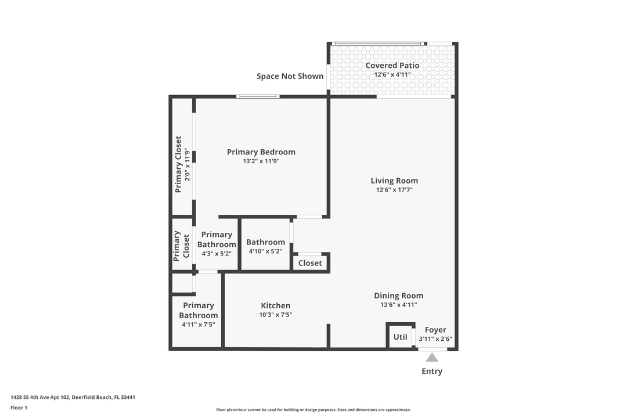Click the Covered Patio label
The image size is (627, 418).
(x=392, y=66)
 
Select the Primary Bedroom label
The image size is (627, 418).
(x=261, y=152)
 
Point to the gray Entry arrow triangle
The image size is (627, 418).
(x=432, y=358)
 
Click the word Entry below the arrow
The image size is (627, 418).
(x=432, y=372)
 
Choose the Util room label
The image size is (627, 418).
(x=401, y=337)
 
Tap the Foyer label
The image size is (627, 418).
(x=435, y=330)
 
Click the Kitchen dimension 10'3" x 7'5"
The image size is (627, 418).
(x=275, y=315)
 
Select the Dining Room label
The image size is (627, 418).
(x=398, y=296)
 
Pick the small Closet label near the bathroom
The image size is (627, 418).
(x=310, y=263)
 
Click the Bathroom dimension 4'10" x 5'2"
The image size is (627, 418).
(x=265, y=251)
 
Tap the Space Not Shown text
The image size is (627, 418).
(x=290, y=76)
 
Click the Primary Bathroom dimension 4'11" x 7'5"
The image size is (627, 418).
(x=198, y=325)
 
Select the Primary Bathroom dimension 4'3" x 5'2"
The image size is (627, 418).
(x=217, y=254)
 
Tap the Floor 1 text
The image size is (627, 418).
(x=19, y=408)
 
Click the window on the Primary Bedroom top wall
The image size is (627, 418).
(x=258, y=96)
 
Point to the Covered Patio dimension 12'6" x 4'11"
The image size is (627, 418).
(x=392, y=74)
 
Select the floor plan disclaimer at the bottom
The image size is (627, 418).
(x=313, y=409)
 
